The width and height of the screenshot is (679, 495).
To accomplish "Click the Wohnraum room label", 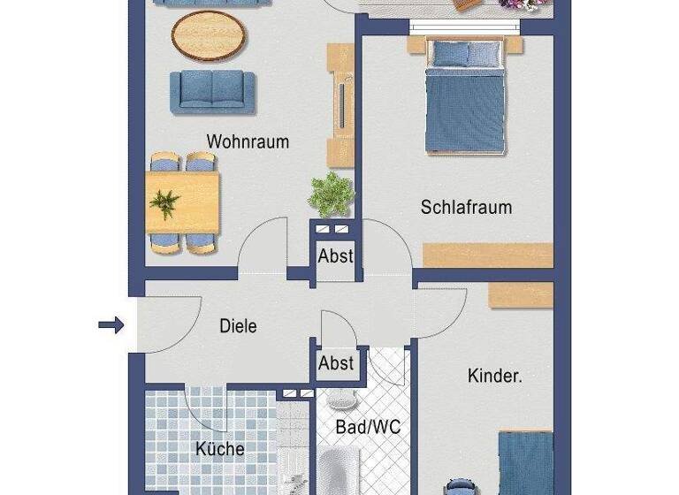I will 248,141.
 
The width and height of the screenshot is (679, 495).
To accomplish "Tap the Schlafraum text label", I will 466,208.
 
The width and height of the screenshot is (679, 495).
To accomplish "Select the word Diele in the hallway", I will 238,326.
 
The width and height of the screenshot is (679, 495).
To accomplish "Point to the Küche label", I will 219,449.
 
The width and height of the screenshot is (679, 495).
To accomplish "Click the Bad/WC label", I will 368,428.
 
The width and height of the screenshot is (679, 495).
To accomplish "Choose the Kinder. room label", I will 494,377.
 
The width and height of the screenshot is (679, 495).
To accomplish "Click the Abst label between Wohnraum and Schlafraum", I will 336,256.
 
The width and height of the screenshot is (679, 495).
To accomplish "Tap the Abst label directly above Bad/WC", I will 336,362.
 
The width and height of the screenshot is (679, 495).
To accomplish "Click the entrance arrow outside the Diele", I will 111,326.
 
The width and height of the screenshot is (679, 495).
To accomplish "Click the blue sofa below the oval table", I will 212,90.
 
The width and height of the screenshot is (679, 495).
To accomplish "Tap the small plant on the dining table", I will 164,204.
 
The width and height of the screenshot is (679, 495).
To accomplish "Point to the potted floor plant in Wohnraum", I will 332,193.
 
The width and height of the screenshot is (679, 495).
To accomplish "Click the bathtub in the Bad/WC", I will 339,473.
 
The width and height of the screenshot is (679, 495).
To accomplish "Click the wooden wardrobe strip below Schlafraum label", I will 487,255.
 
